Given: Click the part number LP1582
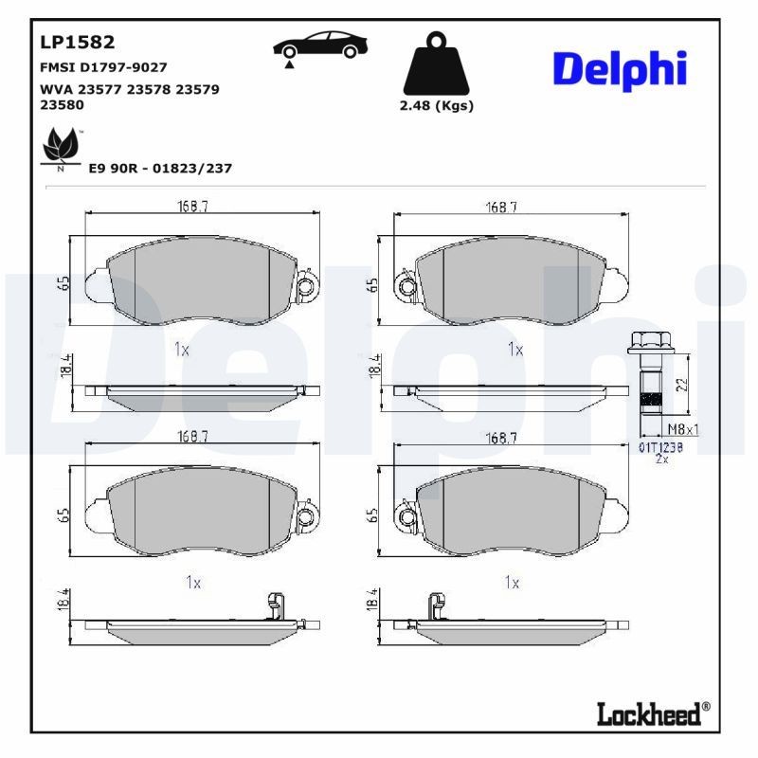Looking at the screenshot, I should click(77, 42).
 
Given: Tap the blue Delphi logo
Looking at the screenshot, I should click(619, 69).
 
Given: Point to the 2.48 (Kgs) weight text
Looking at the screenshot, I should click(437, 105).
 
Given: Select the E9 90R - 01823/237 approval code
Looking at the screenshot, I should click(159, 168).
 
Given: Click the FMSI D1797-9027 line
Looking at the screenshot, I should click(103, 67).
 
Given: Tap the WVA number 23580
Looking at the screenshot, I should click(59, 106).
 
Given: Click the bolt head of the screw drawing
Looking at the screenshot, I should click(649, 344).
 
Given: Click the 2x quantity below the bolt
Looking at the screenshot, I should click(662, 459).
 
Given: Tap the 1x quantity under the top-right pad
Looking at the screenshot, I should click(514, 350).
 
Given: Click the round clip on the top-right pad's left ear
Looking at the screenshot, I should click(406, 286).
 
